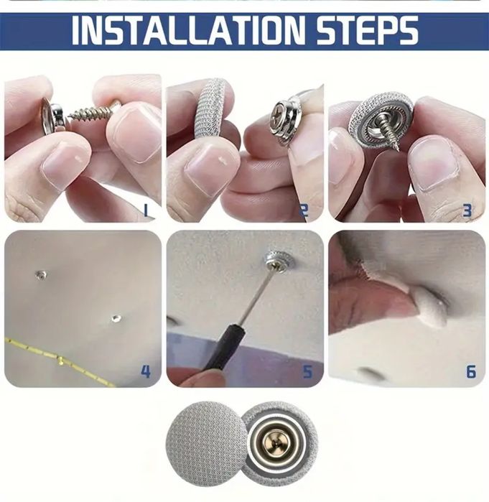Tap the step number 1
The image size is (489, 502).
click(x=145, y=210)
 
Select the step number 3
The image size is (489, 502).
click(x=467, y=210)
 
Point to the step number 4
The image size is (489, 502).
click(x=145, y=371)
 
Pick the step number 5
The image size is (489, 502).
click(x=307, y=371)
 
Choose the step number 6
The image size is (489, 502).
click(x=470, y=371)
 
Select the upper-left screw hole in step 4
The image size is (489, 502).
click(x=42, y=274)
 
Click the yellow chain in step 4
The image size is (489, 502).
click(x=57, y=358)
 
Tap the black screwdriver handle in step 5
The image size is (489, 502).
click(x=217, y=351)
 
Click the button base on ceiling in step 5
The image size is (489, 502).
click(x=278, y=262)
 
